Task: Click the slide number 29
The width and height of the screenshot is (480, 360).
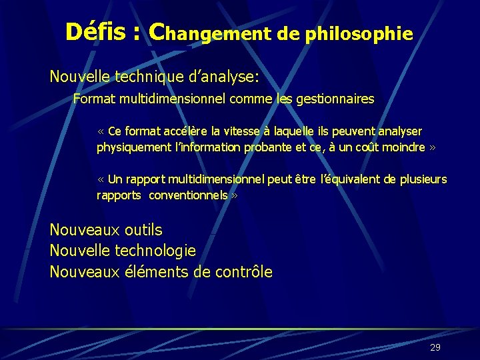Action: [435, 347]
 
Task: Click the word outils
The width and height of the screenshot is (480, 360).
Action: [143, 230]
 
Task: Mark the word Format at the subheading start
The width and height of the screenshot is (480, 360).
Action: [91, 99]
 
